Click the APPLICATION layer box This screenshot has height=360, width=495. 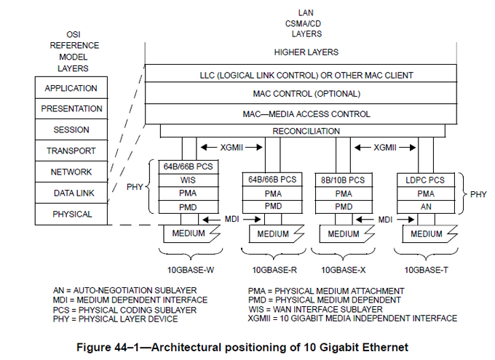[71, 88]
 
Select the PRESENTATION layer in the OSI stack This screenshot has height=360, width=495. [71, 109]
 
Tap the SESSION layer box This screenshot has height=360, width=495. [71, 130]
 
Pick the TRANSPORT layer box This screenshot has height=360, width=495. [71, 151]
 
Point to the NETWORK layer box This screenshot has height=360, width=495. [71, 172]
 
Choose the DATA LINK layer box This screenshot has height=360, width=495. [71, 193]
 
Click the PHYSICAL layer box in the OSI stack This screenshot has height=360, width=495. [71, 215]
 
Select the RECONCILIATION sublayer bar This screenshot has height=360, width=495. [306, 131]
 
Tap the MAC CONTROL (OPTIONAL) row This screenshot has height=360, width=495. [306, 94]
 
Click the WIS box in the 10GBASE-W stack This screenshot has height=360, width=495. [187, 180]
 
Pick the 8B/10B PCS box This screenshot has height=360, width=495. [343, 180]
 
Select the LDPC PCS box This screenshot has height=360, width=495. [426, 180]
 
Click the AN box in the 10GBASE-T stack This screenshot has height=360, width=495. [426, 207]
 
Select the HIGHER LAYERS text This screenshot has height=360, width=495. [306, 52]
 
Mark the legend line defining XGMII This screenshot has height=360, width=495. [352, 319]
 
